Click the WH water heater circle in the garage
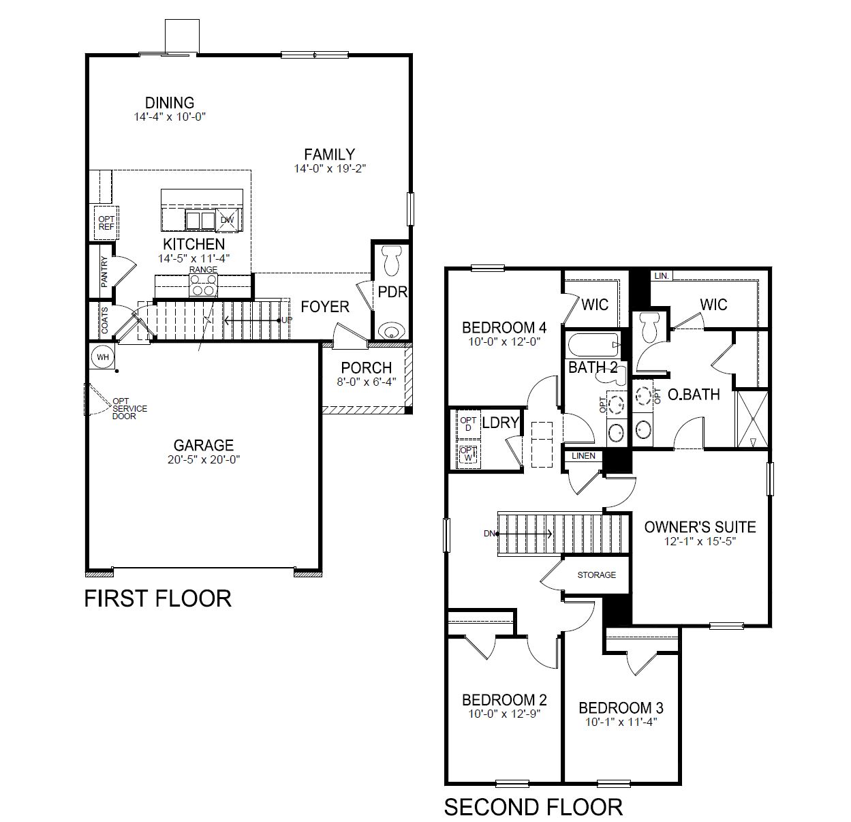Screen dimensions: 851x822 click(103, 357)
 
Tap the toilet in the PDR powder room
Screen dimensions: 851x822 click(391, 260)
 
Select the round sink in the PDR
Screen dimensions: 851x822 click(390, 331)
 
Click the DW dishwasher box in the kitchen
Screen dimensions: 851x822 click(228, 219)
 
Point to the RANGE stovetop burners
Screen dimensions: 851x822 click(203, 285)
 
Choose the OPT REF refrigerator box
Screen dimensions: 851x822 click(106, 223)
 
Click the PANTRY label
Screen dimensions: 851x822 click(104, 272)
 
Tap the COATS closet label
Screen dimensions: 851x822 click(104, 320)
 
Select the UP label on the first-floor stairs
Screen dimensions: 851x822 click(287, 320)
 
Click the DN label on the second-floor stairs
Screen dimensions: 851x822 click(489, 534)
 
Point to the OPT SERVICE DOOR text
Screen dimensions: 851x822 click(129, 408)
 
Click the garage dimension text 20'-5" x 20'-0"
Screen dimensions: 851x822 click(204, 460)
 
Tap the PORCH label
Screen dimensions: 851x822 click(367, 368)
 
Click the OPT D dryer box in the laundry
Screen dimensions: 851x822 click(468, 424)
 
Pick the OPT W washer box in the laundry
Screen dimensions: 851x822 click(468, 454)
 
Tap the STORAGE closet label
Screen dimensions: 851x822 click(596, 575)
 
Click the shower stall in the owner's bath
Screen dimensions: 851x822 click(753, 418)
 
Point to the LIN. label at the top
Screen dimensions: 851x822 click(661, 276)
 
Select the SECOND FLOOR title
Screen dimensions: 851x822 click(533, 807)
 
